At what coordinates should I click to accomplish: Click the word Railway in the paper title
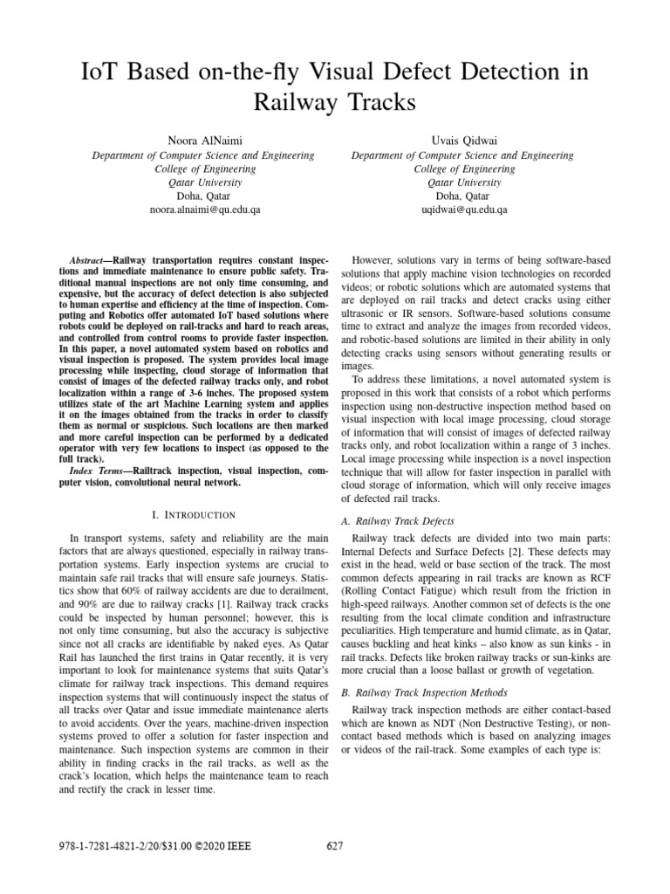291,102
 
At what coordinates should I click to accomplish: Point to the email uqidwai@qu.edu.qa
463,210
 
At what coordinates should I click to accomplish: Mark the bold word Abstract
87,261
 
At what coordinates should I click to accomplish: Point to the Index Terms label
96,471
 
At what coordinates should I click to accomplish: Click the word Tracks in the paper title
374,102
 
